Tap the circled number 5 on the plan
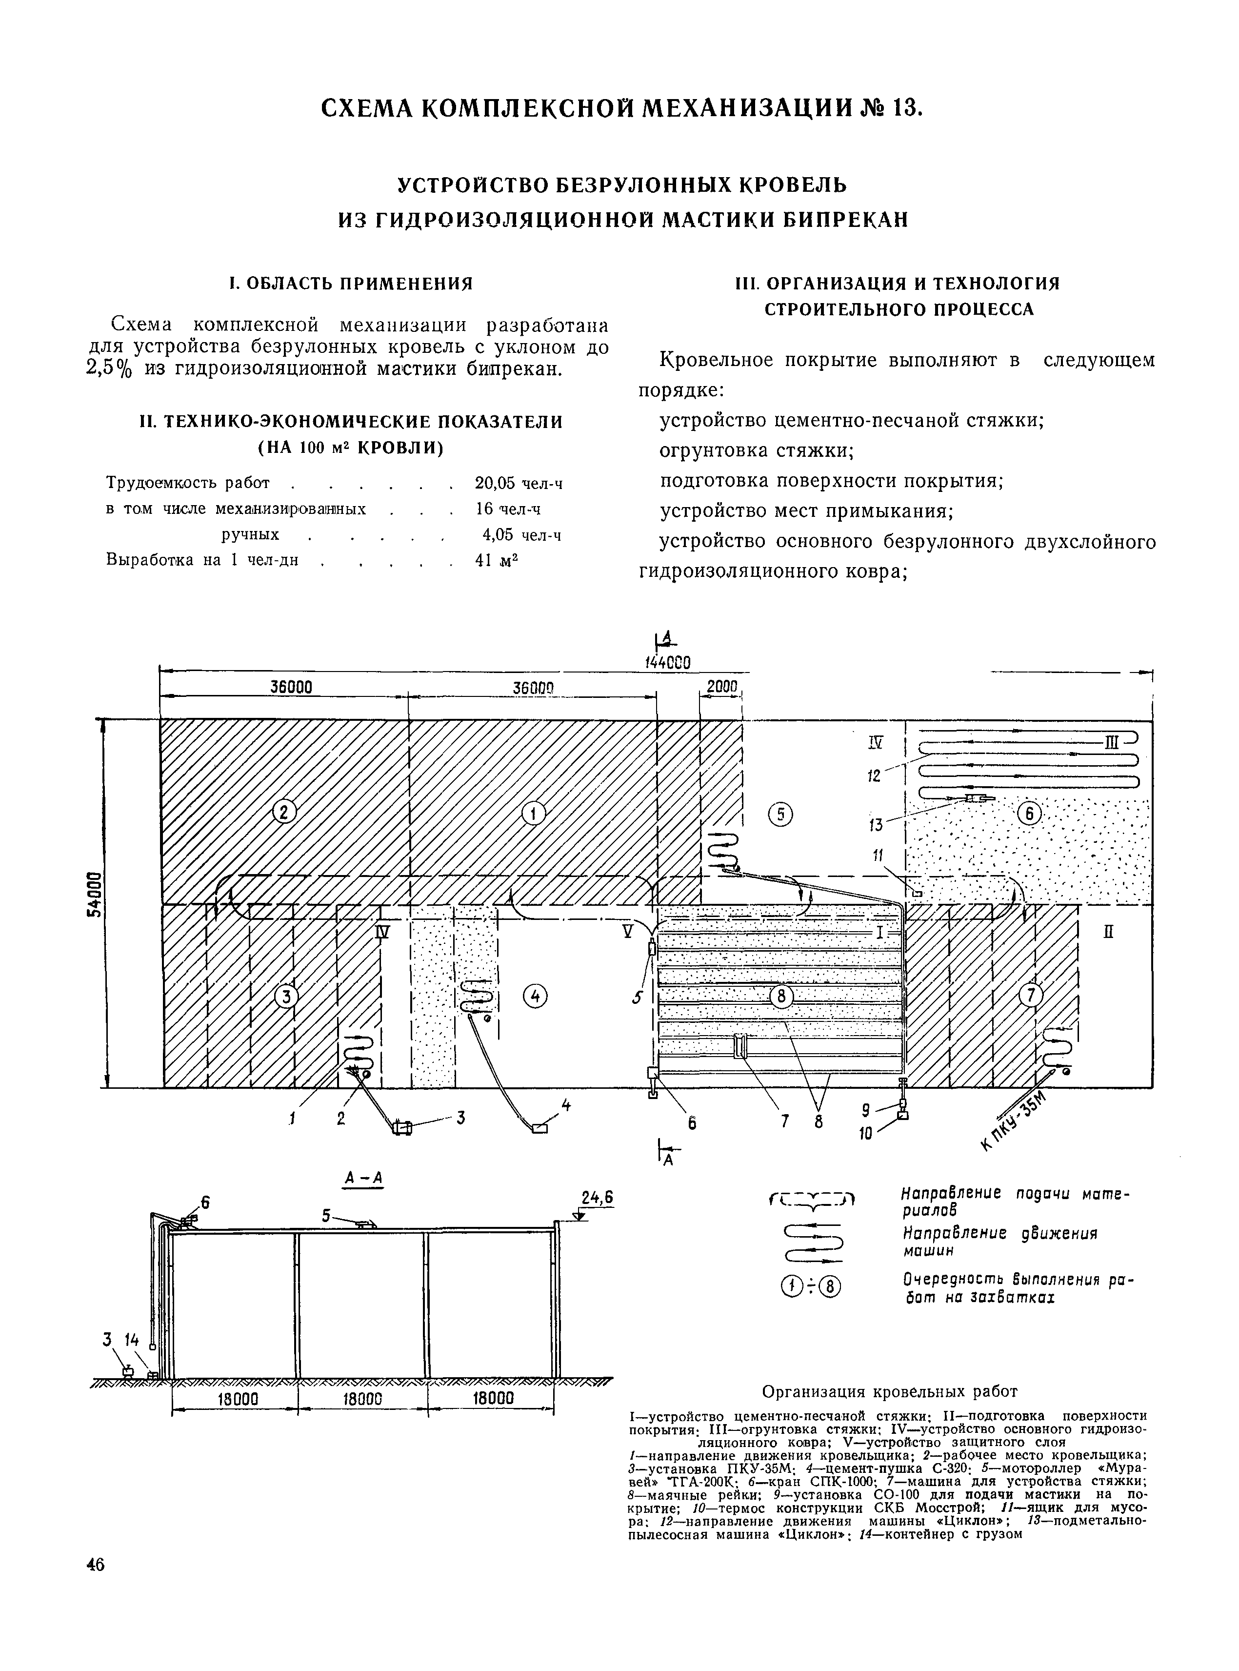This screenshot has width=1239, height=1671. pos(781,814)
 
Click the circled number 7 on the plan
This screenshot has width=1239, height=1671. pos(1031,995)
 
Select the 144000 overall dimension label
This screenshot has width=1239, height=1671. pos(667,662)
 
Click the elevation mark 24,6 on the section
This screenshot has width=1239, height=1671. pos(597,1198)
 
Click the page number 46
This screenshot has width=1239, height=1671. pos(95,1565)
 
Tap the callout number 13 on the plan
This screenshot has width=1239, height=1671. pos(875,825)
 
